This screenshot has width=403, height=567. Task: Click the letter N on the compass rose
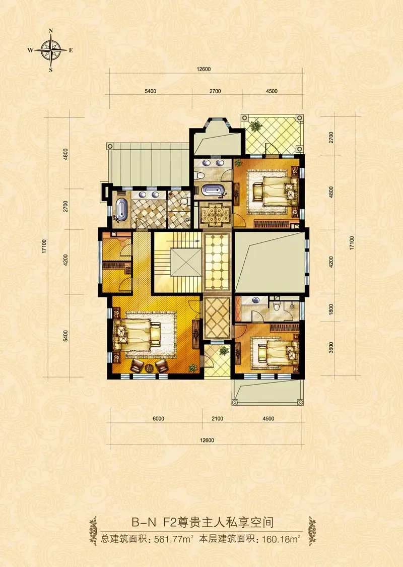pos(51,31)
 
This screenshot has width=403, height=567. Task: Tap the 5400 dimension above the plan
pos(150,91)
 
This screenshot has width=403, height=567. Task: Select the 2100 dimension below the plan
pos(217,418)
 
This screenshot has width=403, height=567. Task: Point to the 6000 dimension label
pos(158,418)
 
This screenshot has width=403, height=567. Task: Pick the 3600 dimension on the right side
pos(331,347)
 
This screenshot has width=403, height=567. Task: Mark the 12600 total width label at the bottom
pos(207,440)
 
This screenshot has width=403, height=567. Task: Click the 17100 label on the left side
pos(44,246)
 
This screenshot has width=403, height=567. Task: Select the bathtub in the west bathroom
pos(121,209)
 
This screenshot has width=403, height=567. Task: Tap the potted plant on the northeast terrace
pos(256,126)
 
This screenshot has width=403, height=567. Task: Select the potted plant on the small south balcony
pos(224,350)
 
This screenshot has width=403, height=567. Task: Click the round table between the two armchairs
pos(149,368)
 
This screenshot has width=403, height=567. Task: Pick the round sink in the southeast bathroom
pos(256,300)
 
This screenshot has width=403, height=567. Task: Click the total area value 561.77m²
pos(173,539)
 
